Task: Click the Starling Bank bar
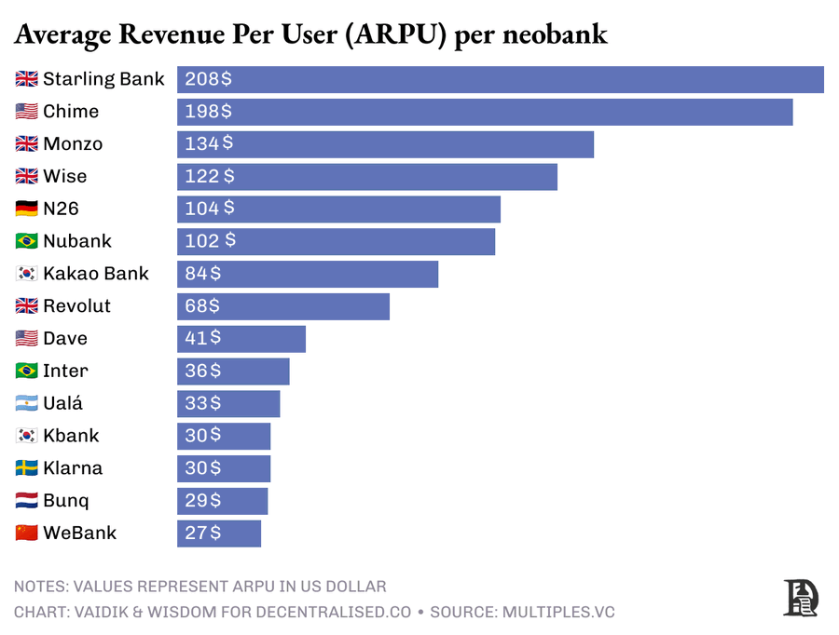501,79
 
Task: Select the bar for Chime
485,112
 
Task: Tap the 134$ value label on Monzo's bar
209,143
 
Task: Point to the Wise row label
64,176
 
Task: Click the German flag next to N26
27,209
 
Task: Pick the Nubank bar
336,241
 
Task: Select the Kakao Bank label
95,274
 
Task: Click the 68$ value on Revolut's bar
202,305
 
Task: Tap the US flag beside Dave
27,338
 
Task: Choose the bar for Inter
233,371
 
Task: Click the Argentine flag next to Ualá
27,403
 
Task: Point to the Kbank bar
224,436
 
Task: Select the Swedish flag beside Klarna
27,468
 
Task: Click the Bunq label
66,501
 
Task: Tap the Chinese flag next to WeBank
27,534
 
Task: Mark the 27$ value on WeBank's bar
202,533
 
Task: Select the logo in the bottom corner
800,597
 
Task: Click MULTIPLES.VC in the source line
558,612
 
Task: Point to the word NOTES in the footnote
41,587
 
